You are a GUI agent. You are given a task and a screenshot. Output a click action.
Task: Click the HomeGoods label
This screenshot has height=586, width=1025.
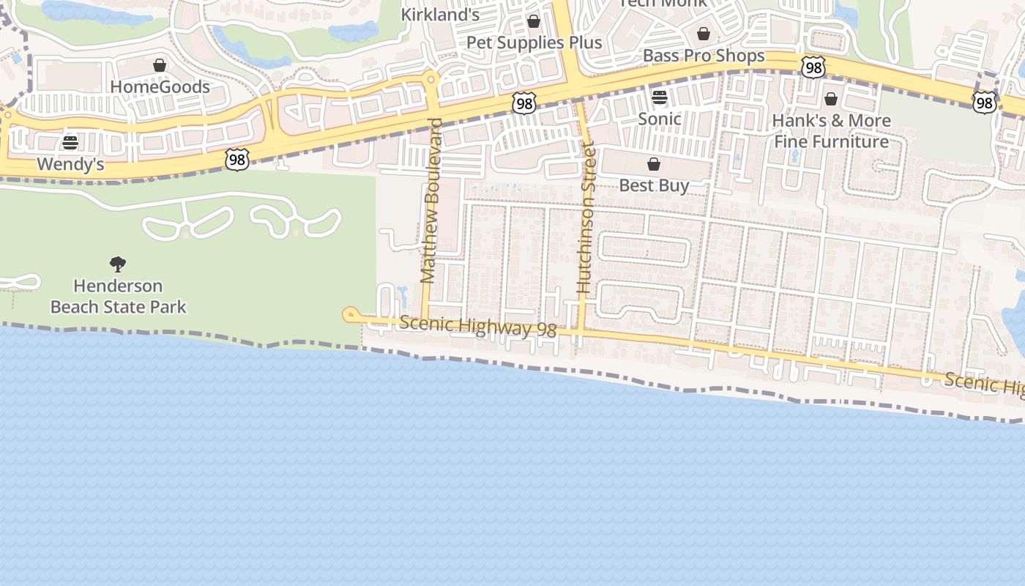(160, 86)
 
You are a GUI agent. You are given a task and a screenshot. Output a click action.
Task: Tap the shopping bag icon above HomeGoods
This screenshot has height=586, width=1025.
(160, 66)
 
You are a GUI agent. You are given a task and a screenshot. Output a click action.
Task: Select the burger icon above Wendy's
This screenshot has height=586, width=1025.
(70, 142)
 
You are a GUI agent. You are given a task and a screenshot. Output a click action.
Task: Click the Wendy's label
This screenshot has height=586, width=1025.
(70, 164)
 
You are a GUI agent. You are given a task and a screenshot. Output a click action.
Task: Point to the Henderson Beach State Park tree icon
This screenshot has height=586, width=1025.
(118, 264)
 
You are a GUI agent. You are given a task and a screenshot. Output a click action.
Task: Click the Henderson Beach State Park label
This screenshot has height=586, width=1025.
(118, 296)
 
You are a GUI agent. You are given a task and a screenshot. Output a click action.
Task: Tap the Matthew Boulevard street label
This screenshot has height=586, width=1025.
(432, 200)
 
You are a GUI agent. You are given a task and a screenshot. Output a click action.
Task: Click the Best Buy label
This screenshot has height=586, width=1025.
(654, 185)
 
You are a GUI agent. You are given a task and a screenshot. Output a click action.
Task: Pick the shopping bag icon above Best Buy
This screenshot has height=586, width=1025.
(654, 164)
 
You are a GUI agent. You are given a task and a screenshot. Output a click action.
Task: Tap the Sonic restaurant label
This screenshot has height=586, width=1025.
(659, 119)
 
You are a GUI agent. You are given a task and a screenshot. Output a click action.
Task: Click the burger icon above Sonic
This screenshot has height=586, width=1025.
(659, 97)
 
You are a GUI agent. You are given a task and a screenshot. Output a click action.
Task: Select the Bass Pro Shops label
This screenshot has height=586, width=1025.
(703, 56)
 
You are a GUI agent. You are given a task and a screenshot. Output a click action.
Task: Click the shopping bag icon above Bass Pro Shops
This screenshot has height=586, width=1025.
(703, 34)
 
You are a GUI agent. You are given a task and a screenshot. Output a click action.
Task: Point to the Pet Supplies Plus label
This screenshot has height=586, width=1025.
(534, 42)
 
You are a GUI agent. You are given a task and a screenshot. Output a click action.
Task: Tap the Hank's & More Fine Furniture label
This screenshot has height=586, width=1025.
(831, 130)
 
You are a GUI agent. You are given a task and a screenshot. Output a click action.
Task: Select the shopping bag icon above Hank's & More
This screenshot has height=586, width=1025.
(831, 98)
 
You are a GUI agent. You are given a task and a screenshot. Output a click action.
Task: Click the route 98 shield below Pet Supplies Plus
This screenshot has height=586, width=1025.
(524, 103)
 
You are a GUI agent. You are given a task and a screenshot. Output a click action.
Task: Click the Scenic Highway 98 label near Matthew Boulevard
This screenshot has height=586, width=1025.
(477, 326)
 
